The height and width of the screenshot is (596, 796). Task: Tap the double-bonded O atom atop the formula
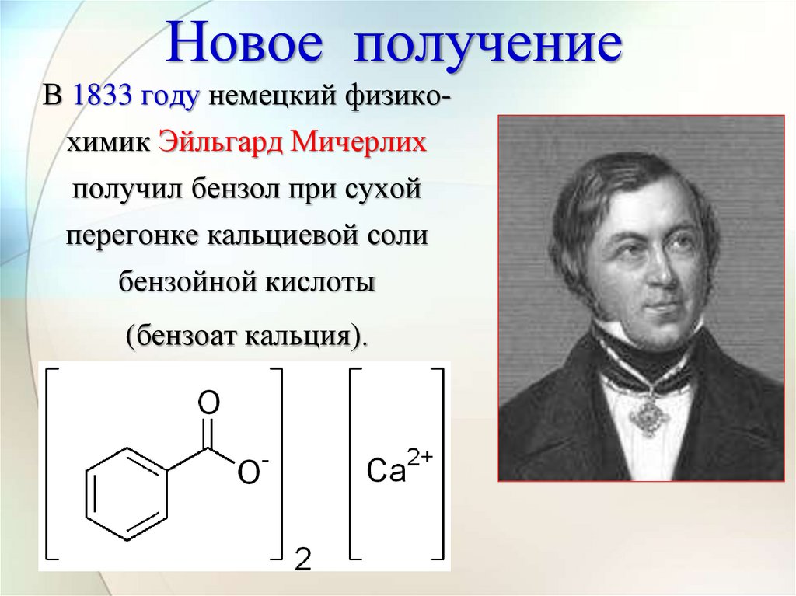(x=208, y=403)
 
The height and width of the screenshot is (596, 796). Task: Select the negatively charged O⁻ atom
(x=251, y=472)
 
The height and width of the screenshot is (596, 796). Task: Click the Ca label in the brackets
(x=386, y=471)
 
